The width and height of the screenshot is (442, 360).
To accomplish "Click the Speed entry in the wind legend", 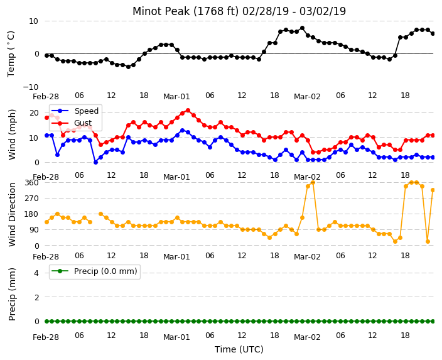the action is click(75, 111).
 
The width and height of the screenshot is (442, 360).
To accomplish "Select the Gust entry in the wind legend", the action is click(72, 123).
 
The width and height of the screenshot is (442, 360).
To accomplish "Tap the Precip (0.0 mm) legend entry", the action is click(95, 271).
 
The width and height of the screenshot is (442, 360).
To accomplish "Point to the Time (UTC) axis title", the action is click(239, 349).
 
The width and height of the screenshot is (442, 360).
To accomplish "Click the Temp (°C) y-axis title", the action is click(11, 54).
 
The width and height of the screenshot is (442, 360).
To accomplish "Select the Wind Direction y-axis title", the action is click(12, 214).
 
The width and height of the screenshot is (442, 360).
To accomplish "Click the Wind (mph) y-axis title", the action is click(12, 134).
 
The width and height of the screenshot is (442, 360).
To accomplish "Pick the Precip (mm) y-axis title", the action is click(12, 294).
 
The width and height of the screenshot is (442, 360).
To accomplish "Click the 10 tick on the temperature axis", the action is click(33, 21).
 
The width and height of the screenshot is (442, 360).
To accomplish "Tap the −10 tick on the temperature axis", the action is click(30, 87).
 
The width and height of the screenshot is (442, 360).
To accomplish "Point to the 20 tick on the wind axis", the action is click(34, 113).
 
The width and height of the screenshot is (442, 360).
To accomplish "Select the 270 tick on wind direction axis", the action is click(31, 199).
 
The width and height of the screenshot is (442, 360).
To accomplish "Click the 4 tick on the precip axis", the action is click(36, 273).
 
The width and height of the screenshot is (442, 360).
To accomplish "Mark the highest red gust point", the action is click(188, 111).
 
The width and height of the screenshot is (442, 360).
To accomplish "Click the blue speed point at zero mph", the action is click(95, 162).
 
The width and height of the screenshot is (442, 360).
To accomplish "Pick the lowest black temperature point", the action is click(128, 67).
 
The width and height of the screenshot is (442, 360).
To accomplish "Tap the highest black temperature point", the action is click(302, 28).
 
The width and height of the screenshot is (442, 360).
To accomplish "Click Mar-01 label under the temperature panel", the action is click(176, 97).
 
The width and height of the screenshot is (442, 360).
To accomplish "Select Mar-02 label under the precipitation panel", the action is click(307, 337).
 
